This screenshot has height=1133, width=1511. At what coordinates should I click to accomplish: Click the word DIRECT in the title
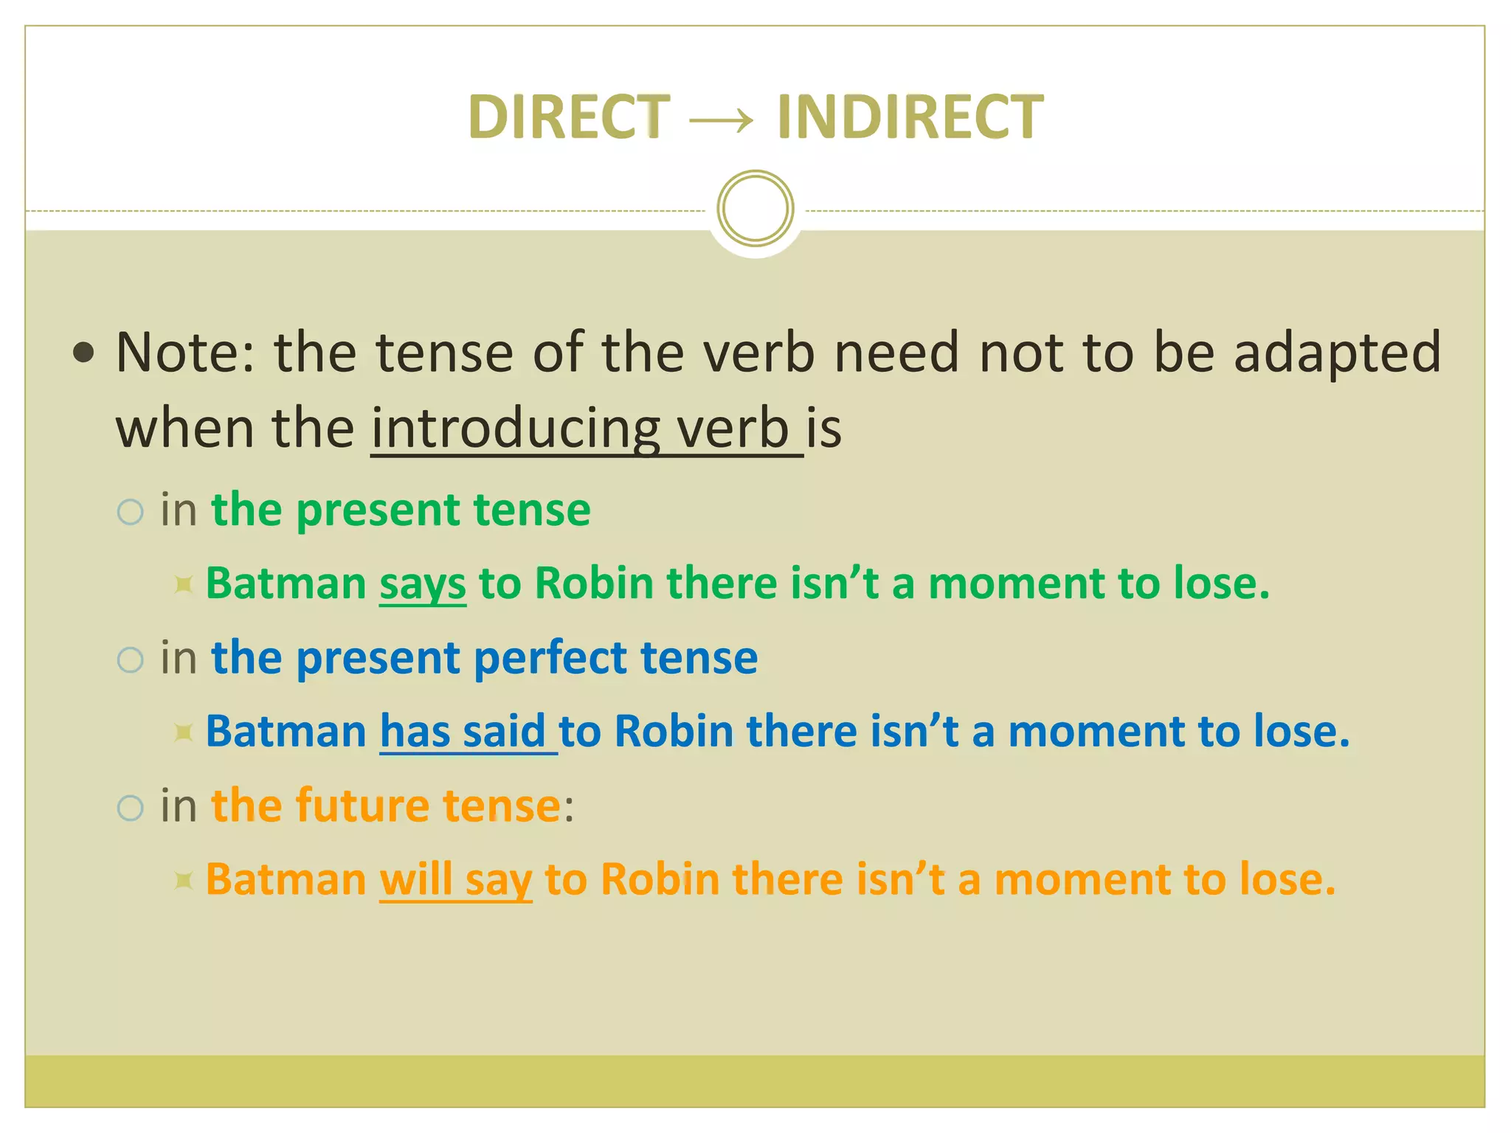(x=569, y=117)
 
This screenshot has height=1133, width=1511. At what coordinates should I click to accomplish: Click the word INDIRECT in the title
(x=910, y=117)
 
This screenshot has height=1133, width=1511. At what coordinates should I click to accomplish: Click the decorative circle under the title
(x=755, y=208)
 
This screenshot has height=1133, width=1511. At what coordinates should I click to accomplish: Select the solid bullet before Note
(x=84, y=353)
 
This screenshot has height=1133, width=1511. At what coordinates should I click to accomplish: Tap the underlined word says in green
(x=423, y=583)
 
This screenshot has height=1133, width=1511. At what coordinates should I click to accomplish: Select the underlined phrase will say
(x=455, y=879)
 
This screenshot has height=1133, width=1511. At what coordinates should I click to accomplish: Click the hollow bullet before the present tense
(x=131, y=512)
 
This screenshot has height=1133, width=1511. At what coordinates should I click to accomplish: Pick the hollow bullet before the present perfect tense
(x=131, y=659)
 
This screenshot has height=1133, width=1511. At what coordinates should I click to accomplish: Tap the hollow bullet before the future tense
(x=131, y=808)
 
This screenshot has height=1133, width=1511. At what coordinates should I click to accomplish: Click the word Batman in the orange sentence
(x=286, y=879)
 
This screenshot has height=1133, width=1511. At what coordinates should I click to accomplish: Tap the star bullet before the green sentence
(x=184, y=586)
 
